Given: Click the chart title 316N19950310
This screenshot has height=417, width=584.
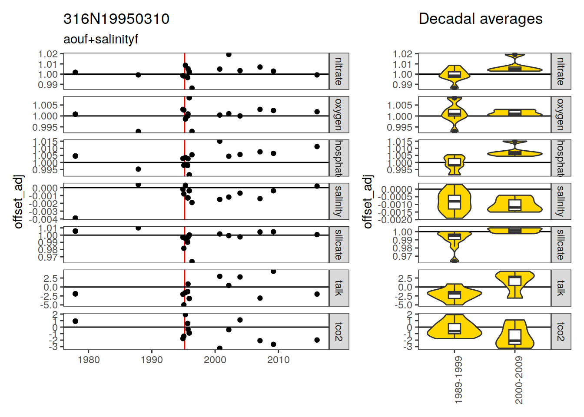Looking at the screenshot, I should (116, 19).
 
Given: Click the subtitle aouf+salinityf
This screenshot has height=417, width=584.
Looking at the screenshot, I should (100, 39).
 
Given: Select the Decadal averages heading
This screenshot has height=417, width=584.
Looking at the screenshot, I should (480, 19).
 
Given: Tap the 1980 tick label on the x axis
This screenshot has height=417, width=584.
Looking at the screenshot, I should (89, 360).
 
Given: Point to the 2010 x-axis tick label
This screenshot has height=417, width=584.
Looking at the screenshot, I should (278, 360).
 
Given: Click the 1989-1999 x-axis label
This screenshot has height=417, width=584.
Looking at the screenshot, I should (458, 380).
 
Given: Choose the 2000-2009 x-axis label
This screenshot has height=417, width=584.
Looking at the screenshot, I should (519, 380).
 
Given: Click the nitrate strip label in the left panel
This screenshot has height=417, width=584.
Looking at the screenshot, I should (339, 71).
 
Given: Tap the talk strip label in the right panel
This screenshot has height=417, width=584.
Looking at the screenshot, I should (561, 288).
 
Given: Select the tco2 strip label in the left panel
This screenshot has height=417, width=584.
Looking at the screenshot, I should (339, 331).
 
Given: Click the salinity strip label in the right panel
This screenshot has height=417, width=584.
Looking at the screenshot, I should (561, 201).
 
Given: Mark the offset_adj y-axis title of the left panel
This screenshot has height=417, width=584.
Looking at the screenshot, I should (18, 201).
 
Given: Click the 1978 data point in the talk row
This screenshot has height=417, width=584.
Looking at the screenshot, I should (75, 294).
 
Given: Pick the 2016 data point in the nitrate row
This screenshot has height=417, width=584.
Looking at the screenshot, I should (317, 75).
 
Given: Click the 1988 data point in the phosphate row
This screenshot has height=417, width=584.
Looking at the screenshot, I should (138, 169).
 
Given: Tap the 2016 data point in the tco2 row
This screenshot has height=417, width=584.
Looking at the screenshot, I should (317, 340).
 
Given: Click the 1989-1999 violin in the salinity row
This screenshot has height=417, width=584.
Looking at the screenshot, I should (454, 201).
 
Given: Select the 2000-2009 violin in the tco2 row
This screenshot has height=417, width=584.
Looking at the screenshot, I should (515, 334).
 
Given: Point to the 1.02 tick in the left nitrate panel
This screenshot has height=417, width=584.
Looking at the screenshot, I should (48, 54).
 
